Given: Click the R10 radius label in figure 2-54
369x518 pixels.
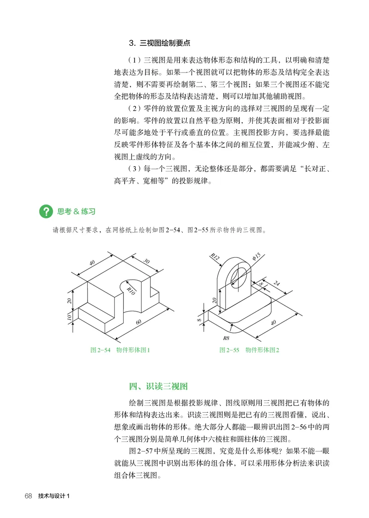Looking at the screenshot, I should (x=131, y=290).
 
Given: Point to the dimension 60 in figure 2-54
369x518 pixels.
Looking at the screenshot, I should (x=139, y=322).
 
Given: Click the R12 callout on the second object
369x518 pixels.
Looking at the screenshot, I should (x=214, y=257).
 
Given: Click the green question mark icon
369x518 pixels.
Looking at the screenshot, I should (x=46, y=212).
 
